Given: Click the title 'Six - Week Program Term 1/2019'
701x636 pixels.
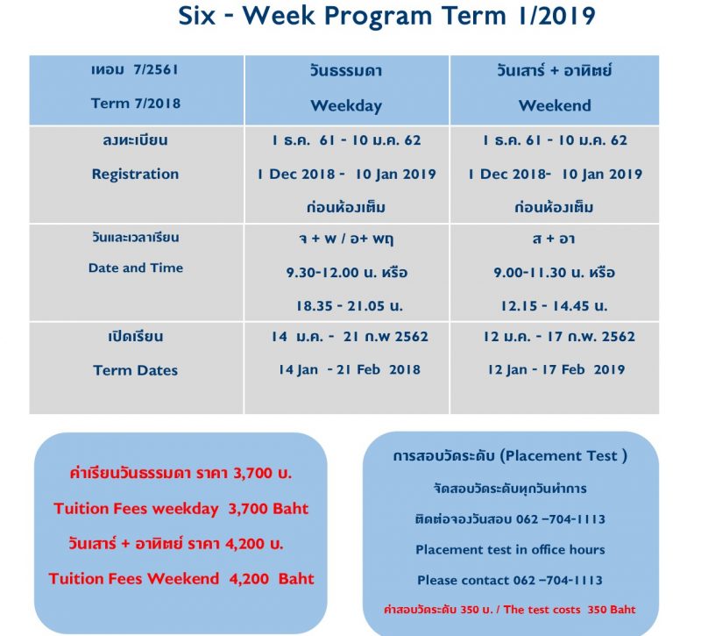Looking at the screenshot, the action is (x=386, y=16).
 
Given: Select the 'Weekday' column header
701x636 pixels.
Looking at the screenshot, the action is (x=346, y=105).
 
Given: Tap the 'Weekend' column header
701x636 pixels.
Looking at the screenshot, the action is (x=555, y=105).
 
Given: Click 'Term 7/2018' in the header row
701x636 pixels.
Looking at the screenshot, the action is (x=136, y=104).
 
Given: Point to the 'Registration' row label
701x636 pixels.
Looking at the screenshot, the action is (x=136, y=174).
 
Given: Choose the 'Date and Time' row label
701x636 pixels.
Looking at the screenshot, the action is (x=136, y=268).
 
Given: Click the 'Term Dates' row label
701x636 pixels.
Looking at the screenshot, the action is (x=136, y=370).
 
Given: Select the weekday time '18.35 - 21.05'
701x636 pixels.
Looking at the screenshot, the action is (x=340, y=305).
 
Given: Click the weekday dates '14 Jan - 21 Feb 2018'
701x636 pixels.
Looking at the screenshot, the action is (x=350, y=369).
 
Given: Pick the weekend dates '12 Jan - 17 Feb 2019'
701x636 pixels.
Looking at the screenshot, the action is (x=556, y=369).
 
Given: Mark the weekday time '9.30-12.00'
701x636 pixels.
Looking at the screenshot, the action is (x=322, y=272).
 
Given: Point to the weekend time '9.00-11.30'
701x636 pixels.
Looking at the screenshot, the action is (x=530, y=272).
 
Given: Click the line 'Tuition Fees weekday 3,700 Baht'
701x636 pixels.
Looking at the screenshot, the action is (x=181, y=509).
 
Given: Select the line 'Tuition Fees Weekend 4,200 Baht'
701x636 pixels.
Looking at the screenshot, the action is (x=181, y=578).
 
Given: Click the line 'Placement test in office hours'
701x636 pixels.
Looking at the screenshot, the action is (x=510, y=549).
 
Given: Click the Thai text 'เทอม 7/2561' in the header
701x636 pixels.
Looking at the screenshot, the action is (x=135, y=70).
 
